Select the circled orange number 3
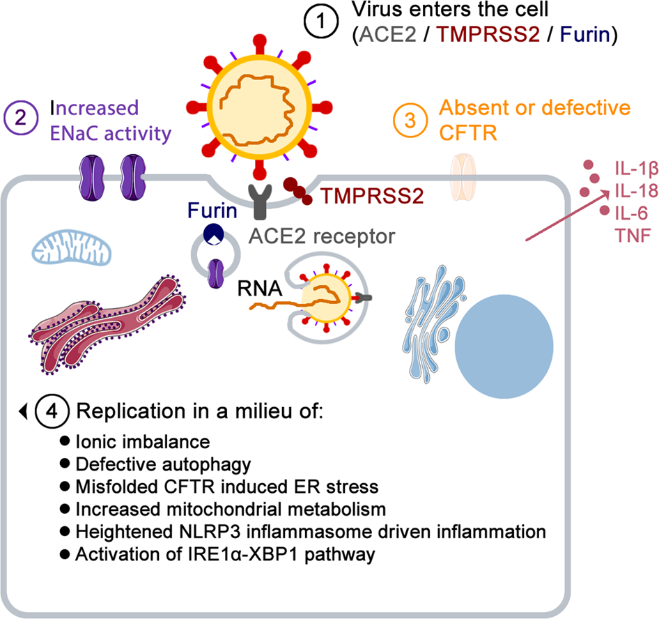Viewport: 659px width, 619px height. coord(412,119)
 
